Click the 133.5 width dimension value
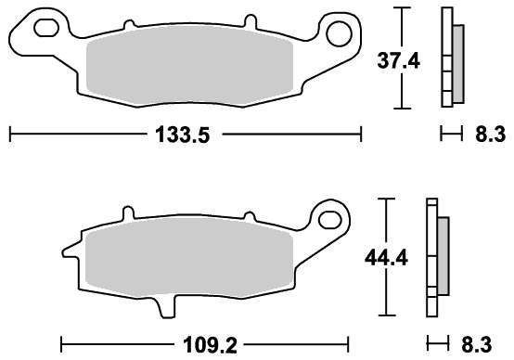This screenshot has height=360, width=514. (182, 135)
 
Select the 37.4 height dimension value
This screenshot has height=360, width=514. (398, 61)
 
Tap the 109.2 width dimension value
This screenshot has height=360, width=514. (210, 345)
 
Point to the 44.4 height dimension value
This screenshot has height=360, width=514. (386, 258)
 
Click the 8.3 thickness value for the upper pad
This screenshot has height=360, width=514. (491, 135)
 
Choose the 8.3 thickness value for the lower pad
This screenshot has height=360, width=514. (477, 345)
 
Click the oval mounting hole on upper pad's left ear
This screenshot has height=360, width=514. (46, 28)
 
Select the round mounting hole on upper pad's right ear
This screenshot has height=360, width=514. (339, 33)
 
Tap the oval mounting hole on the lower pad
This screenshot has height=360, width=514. (329, 220)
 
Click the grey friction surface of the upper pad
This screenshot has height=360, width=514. (189, 67)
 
